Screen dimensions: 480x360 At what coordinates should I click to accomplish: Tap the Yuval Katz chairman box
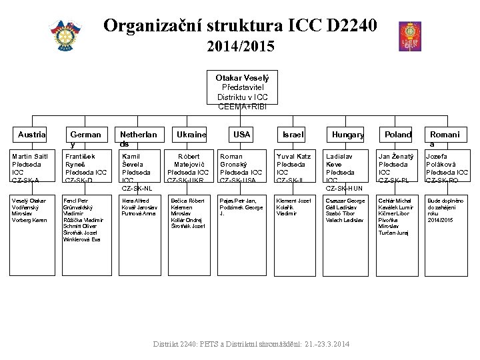click(293, 167)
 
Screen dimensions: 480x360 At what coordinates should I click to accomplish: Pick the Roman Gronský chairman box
click(241, 167)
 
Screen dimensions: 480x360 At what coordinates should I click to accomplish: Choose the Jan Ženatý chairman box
click(398, 167)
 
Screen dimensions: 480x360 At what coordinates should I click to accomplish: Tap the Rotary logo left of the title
click(65, 36)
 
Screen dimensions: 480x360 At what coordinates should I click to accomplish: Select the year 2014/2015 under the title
click(240, 47)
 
